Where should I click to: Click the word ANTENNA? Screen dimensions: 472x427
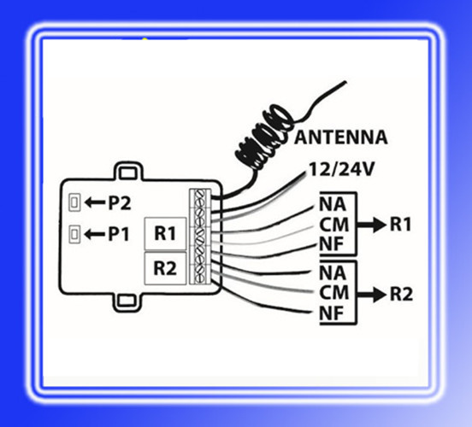click(x=341, y=137)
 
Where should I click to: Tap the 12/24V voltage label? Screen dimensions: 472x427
click(x=341, y=169)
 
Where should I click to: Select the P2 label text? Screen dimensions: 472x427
click(x=120, y=203)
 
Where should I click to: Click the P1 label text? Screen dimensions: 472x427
click(x=119, y=234)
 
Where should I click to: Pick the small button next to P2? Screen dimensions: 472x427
click(x=74, y=202)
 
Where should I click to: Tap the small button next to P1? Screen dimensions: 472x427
click(x=74, y=234)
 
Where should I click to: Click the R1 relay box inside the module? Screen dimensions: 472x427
click(x=165, y=234)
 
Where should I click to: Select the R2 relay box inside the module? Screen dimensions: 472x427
click(x=165, y=268)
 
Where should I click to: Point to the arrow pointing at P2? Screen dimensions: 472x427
click(x=95, y=202)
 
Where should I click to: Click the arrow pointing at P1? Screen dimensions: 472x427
click(x=95, y=234)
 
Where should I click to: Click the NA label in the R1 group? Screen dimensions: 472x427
click(x=333, y=204)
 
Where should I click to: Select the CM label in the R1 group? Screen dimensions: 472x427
click(x=334, y=225)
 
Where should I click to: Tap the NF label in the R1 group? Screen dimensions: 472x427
click(x=331, y=244)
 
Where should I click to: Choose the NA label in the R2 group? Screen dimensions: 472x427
click(x=333, y=273)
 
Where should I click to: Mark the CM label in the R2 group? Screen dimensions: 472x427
click(x=334, y=293)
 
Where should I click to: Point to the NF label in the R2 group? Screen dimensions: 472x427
click(x=331, y=313)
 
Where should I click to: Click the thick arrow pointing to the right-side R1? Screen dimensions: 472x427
click(x=371, y=225)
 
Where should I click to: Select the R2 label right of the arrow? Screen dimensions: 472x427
click(x=401, y=294)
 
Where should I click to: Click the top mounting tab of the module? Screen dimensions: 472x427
click(x=128, y=172)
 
